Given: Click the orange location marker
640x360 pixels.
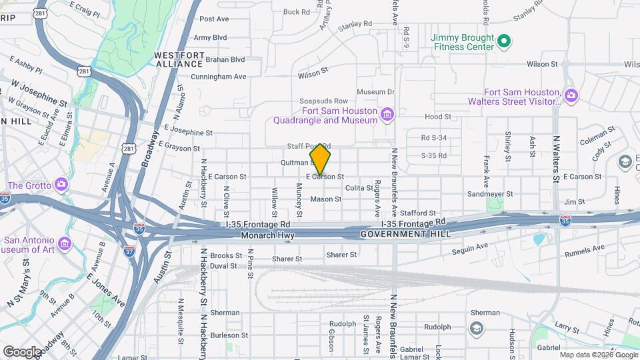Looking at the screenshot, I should pos(321,159).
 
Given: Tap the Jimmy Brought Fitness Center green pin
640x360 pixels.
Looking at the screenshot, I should pos(505,41).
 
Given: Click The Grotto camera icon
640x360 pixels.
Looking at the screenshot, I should pos(61,184).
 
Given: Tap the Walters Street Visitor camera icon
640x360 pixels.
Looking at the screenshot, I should pos(571,96).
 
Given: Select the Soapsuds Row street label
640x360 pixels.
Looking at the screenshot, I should pos(323,101).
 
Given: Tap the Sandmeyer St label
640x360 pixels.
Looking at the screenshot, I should pos(489,194).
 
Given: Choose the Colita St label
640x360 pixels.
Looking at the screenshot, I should pos(359,188).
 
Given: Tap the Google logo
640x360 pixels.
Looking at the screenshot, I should pos(22,351).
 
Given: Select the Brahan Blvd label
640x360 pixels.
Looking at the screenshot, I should pos(207,59).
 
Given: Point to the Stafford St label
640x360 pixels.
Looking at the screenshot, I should pos(418,213).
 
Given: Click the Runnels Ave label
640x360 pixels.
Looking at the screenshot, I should pos(585,251).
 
